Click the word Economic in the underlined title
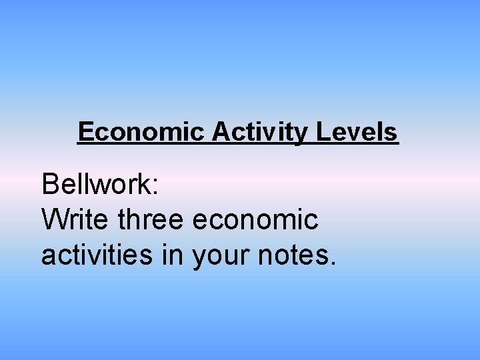click(141, 132)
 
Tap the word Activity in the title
click(259, 132)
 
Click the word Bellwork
click(97, 184)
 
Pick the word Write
click(75, 219)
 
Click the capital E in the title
click(85, 132)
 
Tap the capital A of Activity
click(221, 132)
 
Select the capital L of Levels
click(322, 132)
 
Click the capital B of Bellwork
click(50, 184)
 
